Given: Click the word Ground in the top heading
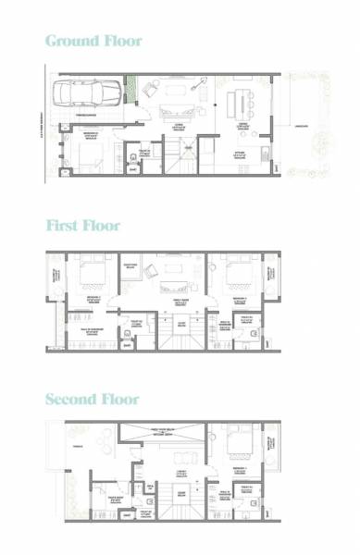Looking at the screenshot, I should [69, 41].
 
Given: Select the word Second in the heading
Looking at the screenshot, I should [71, 400].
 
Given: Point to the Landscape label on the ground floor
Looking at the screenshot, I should [301, 127].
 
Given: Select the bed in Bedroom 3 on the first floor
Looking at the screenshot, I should [235, 271].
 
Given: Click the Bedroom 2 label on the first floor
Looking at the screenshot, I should [88, 298].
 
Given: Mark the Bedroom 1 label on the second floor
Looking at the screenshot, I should [236, 469].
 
